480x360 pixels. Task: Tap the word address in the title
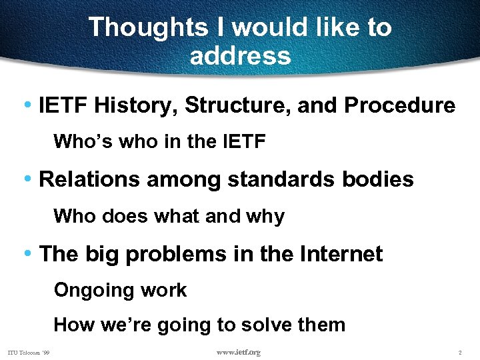[240, 55]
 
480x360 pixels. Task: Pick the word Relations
[83, 179]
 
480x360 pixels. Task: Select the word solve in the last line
[267, 325]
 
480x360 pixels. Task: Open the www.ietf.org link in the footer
[239, 352]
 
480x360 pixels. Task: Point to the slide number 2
[460, 352]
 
